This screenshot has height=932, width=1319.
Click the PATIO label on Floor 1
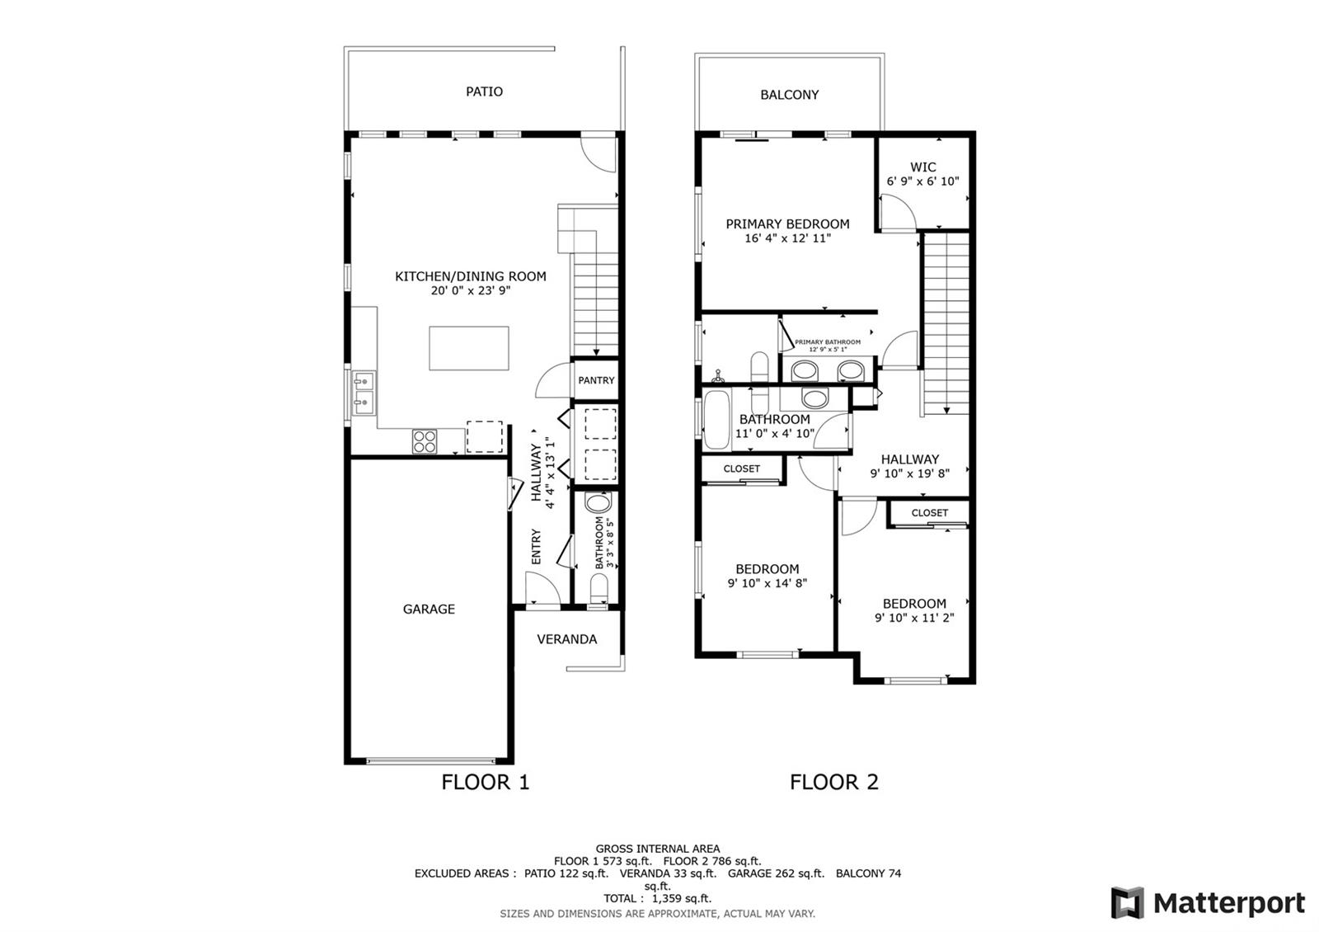point(484,92)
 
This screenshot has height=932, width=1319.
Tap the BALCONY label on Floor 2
point(789,95)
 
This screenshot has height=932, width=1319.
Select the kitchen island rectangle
point(469,348)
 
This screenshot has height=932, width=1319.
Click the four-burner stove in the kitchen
point(424,441)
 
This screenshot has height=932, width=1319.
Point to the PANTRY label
point(596,380)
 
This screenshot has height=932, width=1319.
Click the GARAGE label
point(429,610)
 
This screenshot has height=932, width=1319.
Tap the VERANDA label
point(566,639)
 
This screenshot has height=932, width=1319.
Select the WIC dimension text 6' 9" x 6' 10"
point(922,181)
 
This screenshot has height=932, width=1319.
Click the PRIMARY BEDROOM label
point(787,224)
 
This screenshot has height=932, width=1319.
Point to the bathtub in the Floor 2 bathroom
point(716,420)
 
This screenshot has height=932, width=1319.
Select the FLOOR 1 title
point(486,783)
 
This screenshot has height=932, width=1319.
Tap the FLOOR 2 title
point(833,783)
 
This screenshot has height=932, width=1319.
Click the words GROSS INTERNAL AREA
point(657,849)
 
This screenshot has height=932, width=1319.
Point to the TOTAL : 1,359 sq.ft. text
point(657,898)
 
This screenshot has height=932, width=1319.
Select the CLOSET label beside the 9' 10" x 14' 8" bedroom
point(741,469)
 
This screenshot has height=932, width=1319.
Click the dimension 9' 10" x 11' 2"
point(914,618)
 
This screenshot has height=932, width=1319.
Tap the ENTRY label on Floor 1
point(536,546)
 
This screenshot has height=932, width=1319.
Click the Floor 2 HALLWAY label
point(910,459)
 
